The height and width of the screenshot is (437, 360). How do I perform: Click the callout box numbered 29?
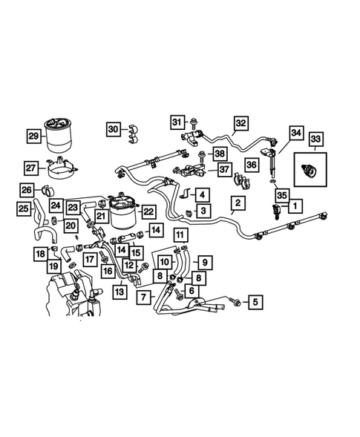pos(33,136)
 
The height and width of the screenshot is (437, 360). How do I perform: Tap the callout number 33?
pos(315,139)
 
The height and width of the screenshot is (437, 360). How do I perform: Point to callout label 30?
pos(112,128)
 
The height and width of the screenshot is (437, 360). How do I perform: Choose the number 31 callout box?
pos(177,121)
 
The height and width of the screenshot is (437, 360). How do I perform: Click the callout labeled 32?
pos(240,122)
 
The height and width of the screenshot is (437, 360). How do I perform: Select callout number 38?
pos(219,154)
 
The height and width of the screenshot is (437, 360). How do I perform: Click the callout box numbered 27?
pos(31,168)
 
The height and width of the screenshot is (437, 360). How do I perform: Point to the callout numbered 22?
pos(148,212)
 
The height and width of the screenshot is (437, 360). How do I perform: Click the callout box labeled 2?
pos(238,202)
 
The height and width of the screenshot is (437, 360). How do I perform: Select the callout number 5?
pos(255,302)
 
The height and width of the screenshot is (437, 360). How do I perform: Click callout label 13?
pos(119,292)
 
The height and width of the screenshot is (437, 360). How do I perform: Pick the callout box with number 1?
pos(295,205)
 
